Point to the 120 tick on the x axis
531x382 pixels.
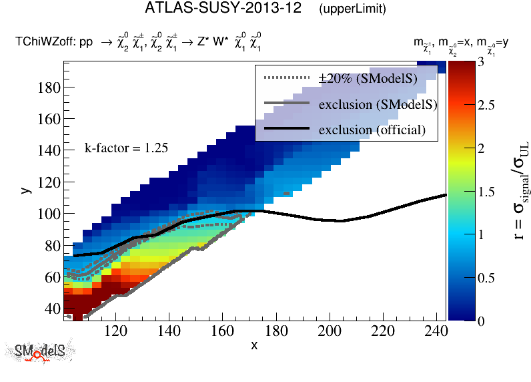point(116,331)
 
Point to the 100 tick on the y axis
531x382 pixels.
point(50,214)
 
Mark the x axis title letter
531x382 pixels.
point(254,345)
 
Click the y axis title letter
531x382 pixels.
point(25,190)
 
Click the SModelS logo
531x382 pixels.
point(40,351)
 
